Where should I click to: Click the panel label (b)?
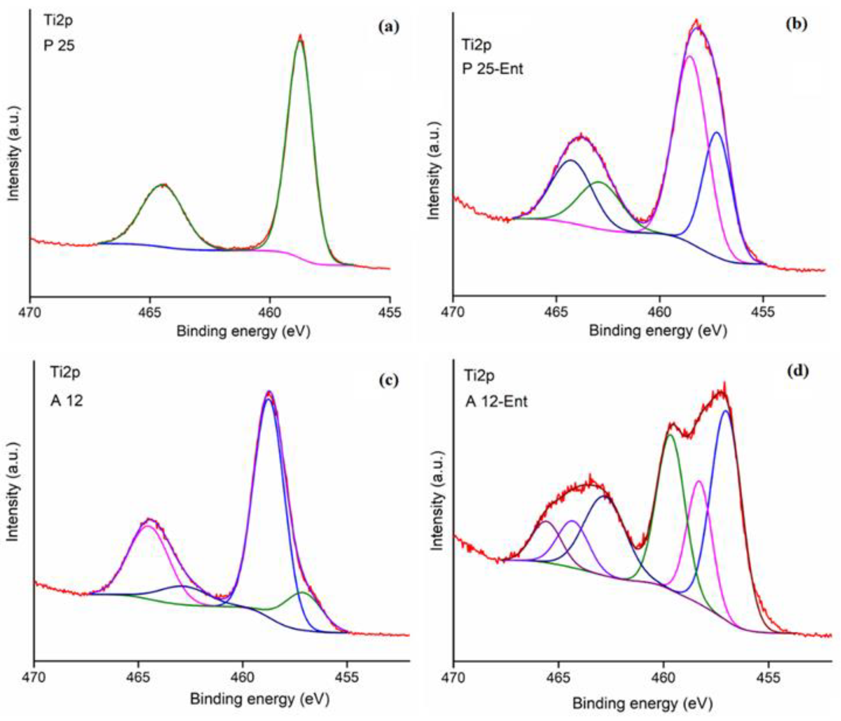[x=796, y=24]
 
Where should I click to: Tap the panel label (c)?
[x=388, y=380]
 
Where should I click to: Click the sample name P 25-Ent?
[x=492, y=69]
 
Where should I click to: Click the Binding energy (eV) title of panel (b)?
[x=658, y=331]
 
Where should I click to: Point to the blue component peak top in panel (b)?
[x=717, y=132]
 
